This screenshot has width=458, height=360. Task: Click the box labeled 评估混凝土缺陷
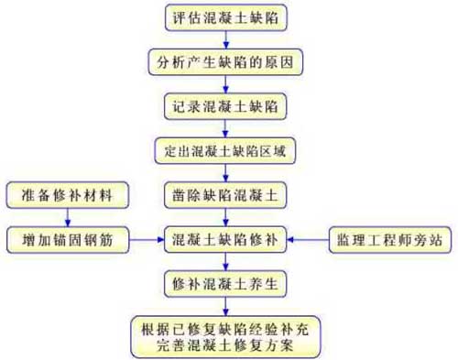(225, 17)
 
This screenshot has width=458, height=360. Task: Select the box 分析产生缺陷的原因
(225, 61)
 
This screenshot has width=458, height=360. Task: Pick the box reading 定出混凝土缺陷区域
(225, 149)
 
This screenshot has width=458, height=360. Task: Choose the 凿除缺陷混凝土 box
(225, 195)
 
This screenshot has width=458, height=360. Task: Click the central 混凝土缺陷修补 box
(225, 240)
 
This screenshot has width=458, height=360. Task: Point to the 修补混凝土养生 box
(225, 283)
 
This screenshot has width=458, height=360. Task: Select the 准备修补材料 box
(66, 195)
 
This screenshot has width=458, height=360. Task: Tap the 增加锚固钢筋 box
(66, 240)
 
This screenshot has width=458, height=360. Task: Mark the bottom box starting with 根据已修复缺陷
(225, 336)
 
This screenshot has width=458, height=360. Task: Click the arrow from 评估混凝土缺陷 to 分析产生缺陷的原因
(225, 39)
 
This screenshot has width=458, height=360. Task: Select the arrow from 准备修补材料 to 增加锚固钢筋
(66, 217)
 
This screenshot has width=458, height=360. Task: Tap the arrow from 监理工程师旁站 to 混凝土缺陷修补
(309, 240)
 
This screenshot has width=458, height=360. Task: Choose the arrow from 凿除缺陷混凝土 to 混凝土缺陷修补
(225, 217)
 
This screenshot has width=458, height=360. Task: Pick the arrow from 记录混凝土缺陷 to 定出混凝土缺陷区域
(225, 127)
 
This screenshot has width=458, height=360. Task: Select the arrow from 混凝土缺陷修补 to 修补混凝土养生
(225, 261)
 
